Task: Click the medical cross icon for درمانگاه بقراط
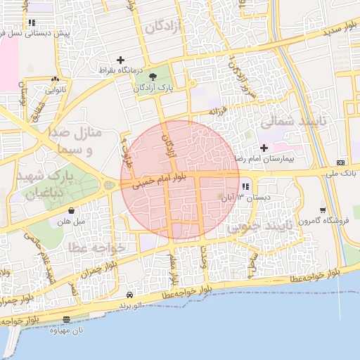point(120,60)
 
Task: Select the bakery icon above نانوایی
point(55,79)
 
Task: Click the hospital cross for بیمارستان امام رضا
point(264,148)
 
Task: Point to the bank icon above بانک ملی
point(341,162)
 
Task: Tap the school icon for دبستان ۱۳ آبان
point(245,187)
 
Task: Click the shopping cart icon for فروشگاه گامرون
point(323,210)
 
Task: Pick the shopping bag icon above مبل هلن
point(71,210)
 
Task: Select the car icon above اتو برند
point(130,295)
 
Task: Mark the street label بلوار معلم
point(173,270)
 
